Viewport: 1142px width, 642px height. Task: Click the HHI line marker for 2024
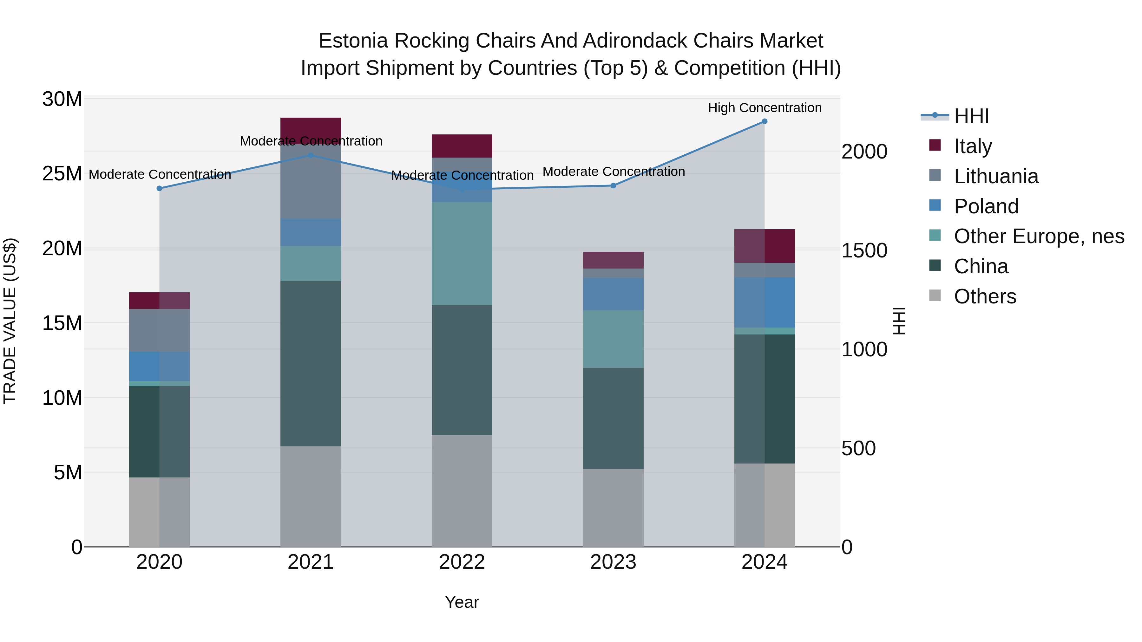tap(764, 121)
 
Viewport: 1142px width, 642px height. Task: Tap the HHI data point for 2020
tap(160, 188)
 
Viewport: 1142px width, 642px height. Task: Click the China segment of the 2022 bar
tap(462, 370)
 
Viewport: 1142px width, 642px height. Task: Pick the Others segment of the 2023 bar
tap(613, 508)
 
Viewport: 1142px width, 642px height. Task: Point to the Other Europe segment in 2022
tap(462, 253)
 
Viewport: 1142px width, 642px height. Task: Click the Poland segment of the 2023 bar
tap(613, 294)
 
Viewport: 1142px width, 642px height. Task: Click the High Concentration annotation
tap(764, 108)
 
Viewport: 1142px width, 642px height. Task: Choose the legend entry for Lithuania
tap(996, 176)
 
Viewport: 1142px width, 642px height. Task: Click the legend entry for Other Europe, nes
tap(1039, 236)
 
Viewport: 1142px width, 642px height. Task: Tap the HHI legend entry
tap(971, 116)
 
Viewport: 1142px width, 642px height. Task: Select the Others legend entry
tap(985, 296)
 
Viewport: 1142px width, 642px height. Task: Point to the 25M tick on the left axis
tap(62, 174)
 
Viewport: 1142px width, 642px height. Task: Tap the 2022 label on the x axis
tap(462, 562)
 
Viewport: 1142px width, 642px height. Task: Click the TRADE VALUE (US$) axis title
tap(10, 321)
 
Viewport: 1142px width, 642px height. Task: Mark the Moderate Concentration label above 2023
tap(613, 172)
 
